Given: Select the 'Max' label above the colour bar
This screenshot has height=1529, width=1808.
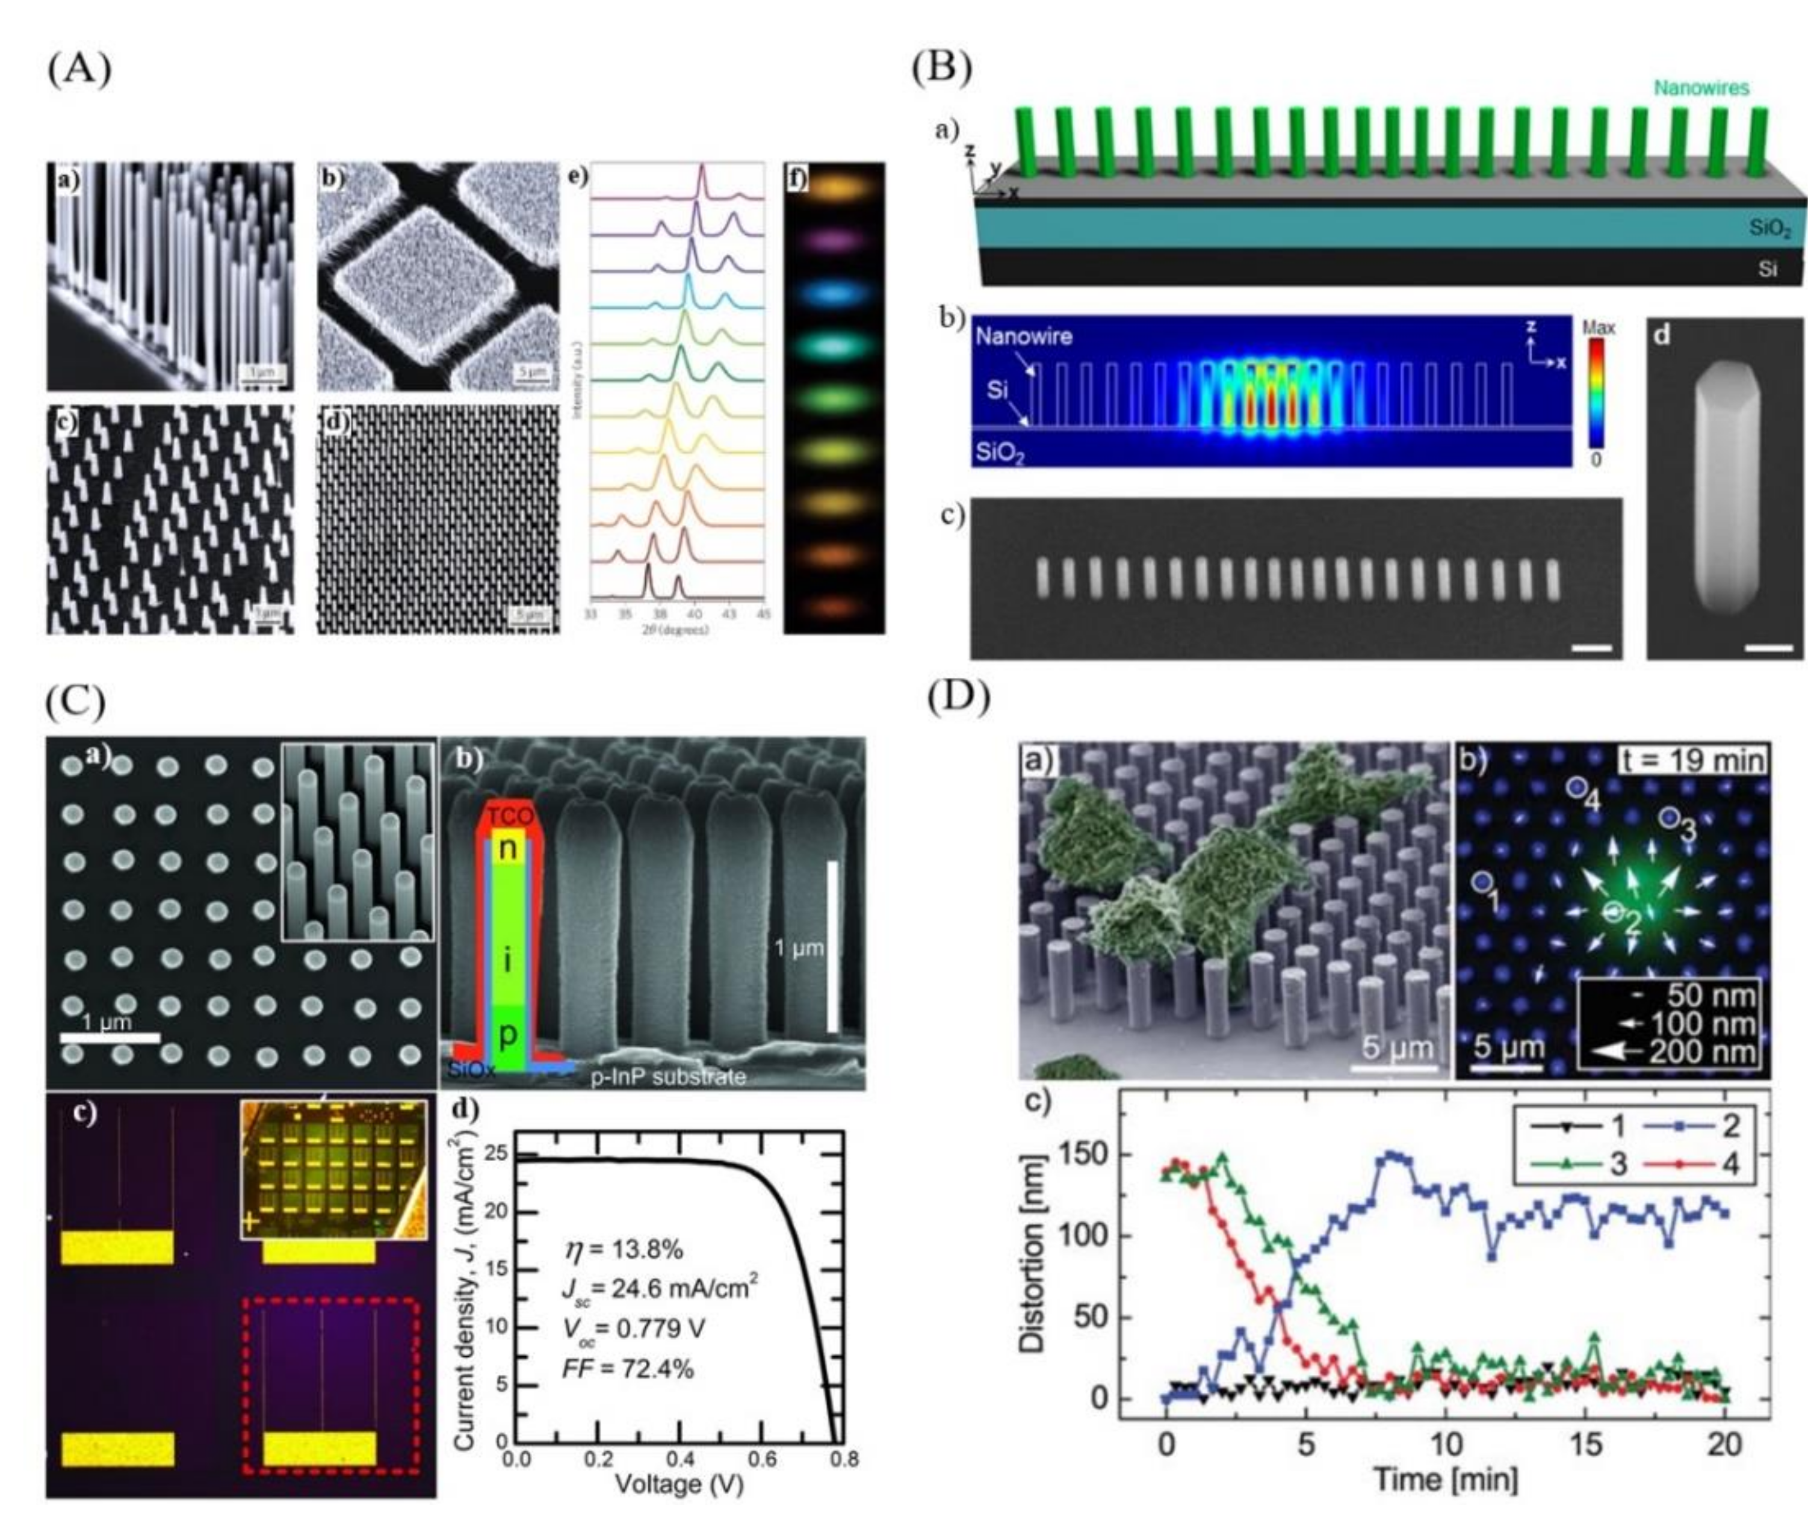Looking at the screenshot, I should (1599, 327).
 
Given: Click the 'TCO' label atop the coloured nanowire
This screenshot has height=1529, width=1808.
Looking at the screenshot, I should (510, 816).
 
